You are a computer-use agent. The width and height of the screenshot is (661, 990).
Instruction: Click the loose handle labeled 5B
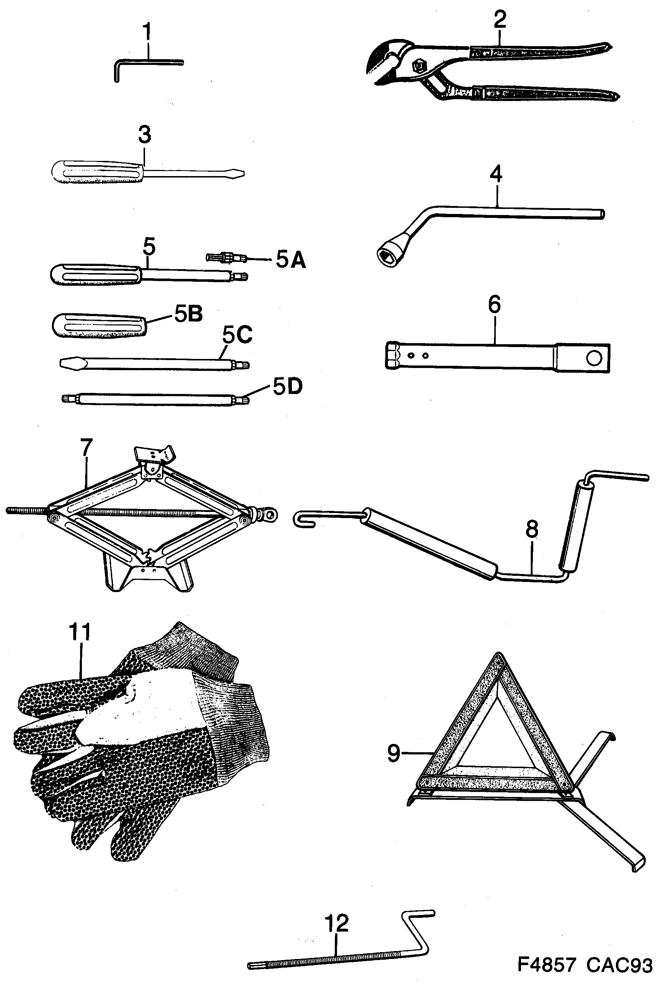(99, 326)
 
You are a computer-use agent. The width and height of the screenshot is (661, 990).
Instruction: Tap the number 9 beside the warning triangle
(393, 753)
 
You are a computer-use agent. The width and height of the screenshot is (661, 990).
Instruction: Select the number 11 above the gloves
(80, 632)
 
